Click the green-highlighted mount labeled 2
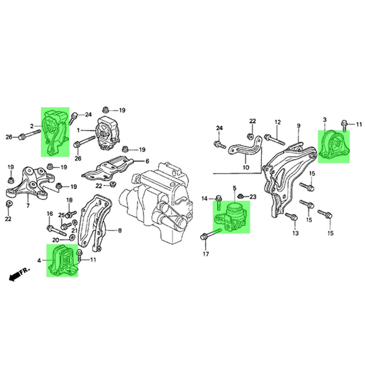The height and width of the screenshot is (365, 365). coord(55,131)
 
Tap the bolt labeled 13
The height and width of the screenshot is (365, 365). coord(291,217)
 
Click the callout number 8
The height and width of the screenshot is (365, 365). coord(120,231)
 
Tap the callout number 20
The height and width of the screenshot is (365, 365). coord(55,240)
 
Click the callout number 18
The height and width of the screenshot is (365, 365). coord(69,200)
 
